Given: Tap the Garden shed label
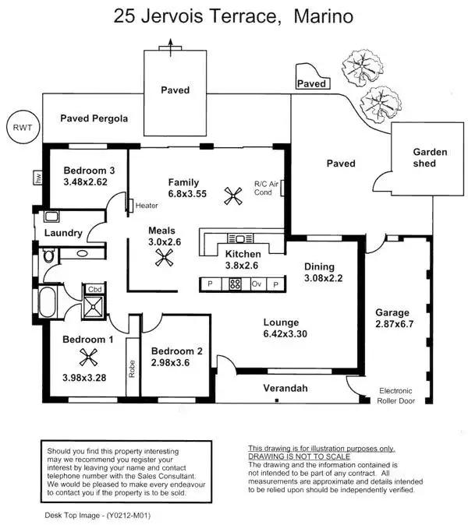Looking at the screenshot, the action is point(430,157).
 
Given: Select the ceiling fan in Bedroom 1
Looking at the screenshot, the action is point(89,358).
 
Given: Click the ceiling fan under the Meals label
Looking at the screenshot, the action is point(164,262).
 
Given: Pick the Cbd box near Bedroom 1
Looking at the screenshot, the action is point(95,289).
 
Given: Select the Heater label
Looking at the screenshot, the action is point(147,206).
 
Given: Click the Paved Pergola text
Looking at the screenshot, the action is point(94,118).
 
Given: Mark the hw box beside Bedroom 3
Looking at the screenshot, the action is point(37,177).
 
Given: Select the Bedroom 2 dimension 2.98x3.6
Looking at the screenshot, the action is point(176,363).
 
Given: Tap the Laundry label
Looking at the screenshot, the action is point(63,233).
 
